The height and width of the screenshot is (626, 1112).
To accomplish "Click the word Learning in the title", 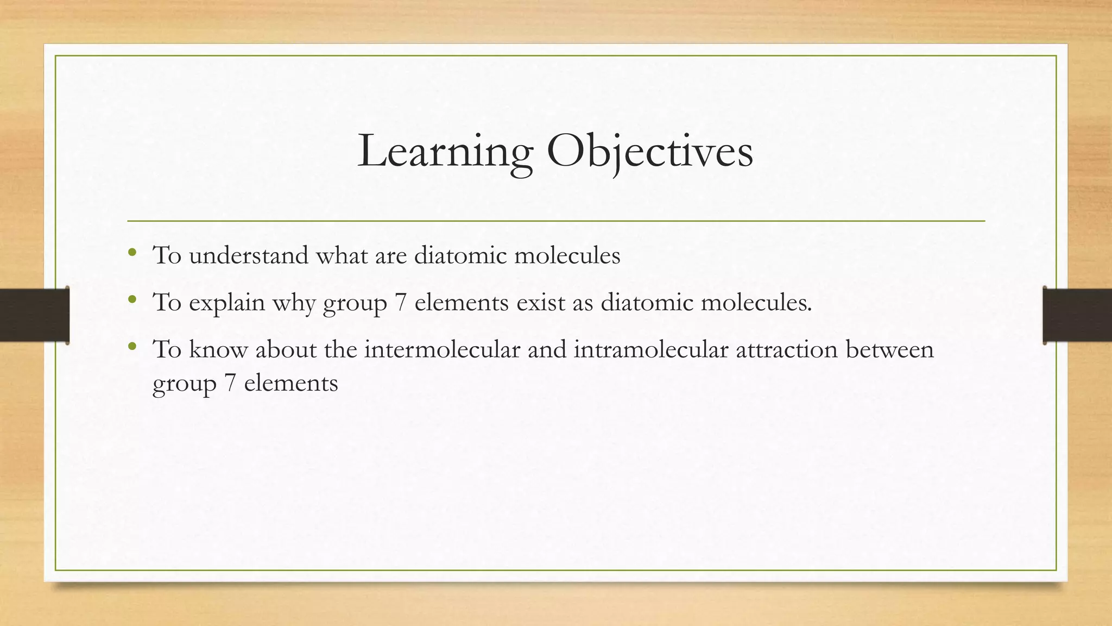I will tap(445, 151).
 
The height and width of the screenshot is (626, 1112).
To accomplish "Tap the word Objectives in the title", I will tap(650, 151).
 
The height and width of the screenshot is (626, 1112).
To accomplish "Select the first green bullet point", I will tap(132, 252).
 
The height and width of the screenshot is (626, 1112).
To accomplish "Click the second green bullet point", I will tap(132, 298).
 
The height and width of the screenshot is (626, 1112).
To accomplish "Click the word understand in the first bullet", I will tap(249, 255).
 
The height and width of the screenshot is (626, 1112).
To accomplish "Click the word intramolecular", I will tap(650, 349).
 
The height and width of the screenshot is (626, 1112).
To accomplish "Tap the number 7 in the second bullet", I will tap(401, 302).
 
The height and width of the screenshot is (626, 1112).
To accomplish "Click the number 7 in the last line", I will tap(230, 383).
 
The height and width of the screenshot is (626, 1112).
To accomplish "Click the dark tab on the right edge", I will tap(1077, 315).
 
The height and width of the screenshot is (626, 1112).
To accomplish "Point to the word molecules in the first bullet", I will tap(567, 255).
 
